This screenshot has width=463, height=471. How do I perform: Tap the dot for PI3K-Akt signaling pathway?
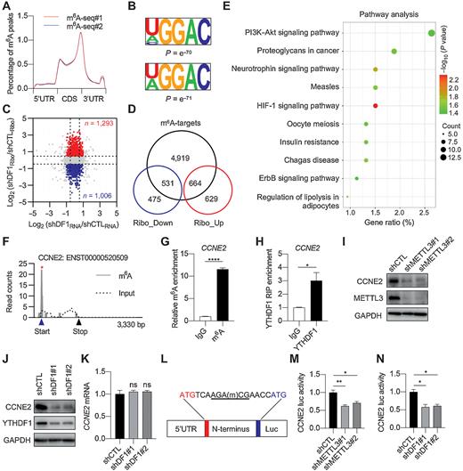click(x=431, y=34)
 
